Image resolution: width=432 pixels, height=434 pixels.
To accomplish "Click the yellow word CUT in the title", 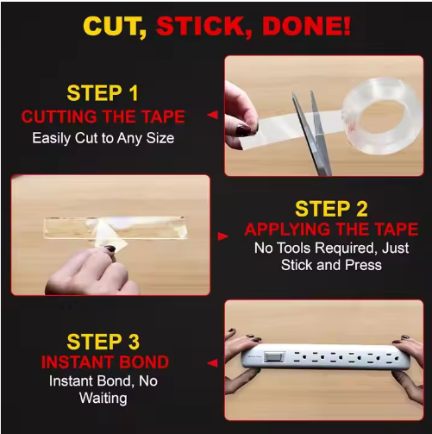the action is pos(115,26).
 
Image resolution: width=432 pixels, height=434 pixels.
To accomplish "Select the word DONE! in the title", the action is pos(306,26).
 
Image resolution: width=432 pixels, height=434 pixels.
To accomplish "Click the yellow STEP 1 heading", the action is pos(103,93).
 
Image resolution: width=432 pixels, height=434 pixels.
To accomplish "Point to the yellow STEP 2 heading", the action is pos(331,209).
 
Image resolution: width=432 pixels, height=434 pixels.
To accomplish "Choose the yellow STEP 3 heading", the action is pos(103,342).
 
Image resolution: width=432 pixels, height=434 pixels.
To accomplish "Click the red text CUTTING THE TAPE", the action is pos(103,116).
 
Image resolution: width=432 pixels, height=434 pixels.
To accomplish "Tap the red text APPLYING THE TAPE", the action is pos(331,230).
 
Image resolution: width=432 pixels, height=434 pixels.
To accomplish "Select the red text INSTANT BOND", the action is pos(105,362).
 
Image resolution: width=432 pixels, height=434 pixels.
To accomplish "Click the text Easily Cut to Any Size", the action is pos(103,138).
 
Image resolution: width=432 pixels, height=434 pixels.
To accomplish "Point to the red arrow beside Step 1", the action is pos(212,115).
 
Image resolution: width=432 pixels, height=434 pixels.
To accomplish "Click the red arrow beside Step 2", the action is pos(223,236).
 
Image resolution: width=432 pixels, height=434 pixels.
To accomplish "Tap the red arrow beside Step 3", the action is pos(212,363).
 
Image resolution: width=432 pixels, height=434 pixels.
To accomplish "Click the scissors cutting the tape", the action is pos(312,132).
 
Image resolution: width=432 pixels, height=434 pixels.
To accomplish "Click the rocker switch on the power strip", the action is pos(274,357).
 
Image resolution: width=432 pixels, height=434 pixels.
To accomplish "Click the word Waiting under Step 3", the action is pos(103,399).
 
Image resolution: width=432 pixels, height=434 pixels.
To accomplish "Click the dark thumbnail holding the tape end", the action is pos(243,130).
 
